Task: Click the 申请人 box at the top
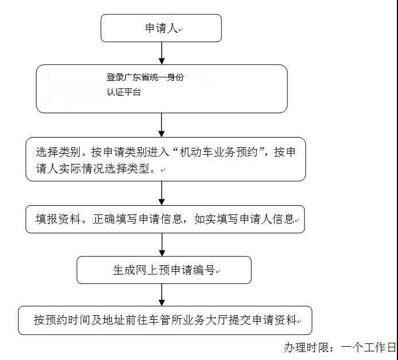pos(161,28)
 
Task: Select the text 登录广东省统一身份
pos(145,77)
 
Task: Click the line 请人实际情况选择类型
pos(95,170)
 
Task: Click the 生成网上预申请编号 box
pos(164,270)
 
